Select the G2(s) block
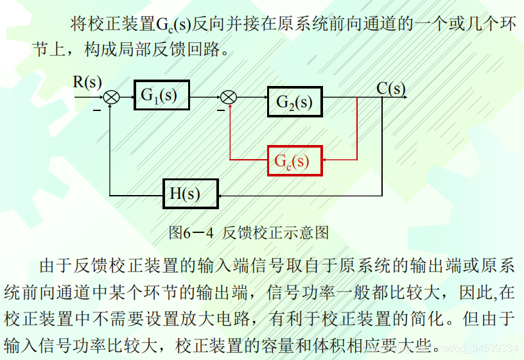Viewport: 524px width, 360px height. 294,101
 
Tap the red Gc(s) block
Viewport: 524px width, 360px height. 295,160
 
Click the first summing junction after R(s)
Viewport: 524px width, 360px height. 112,97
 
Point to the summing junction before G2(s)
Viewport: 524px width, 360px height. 229,97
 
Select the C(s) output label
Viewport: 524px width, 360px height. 391,88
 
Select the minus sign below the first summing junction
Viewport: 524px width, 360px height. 97,110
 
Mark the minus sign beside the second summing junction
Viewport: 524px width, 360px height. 220,110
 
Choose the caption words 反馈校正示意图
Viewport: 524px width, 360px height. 276,232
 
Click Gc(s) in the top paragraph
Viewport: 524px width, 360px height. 174,24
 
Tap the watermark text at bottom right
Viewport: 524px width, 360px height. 475,348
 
